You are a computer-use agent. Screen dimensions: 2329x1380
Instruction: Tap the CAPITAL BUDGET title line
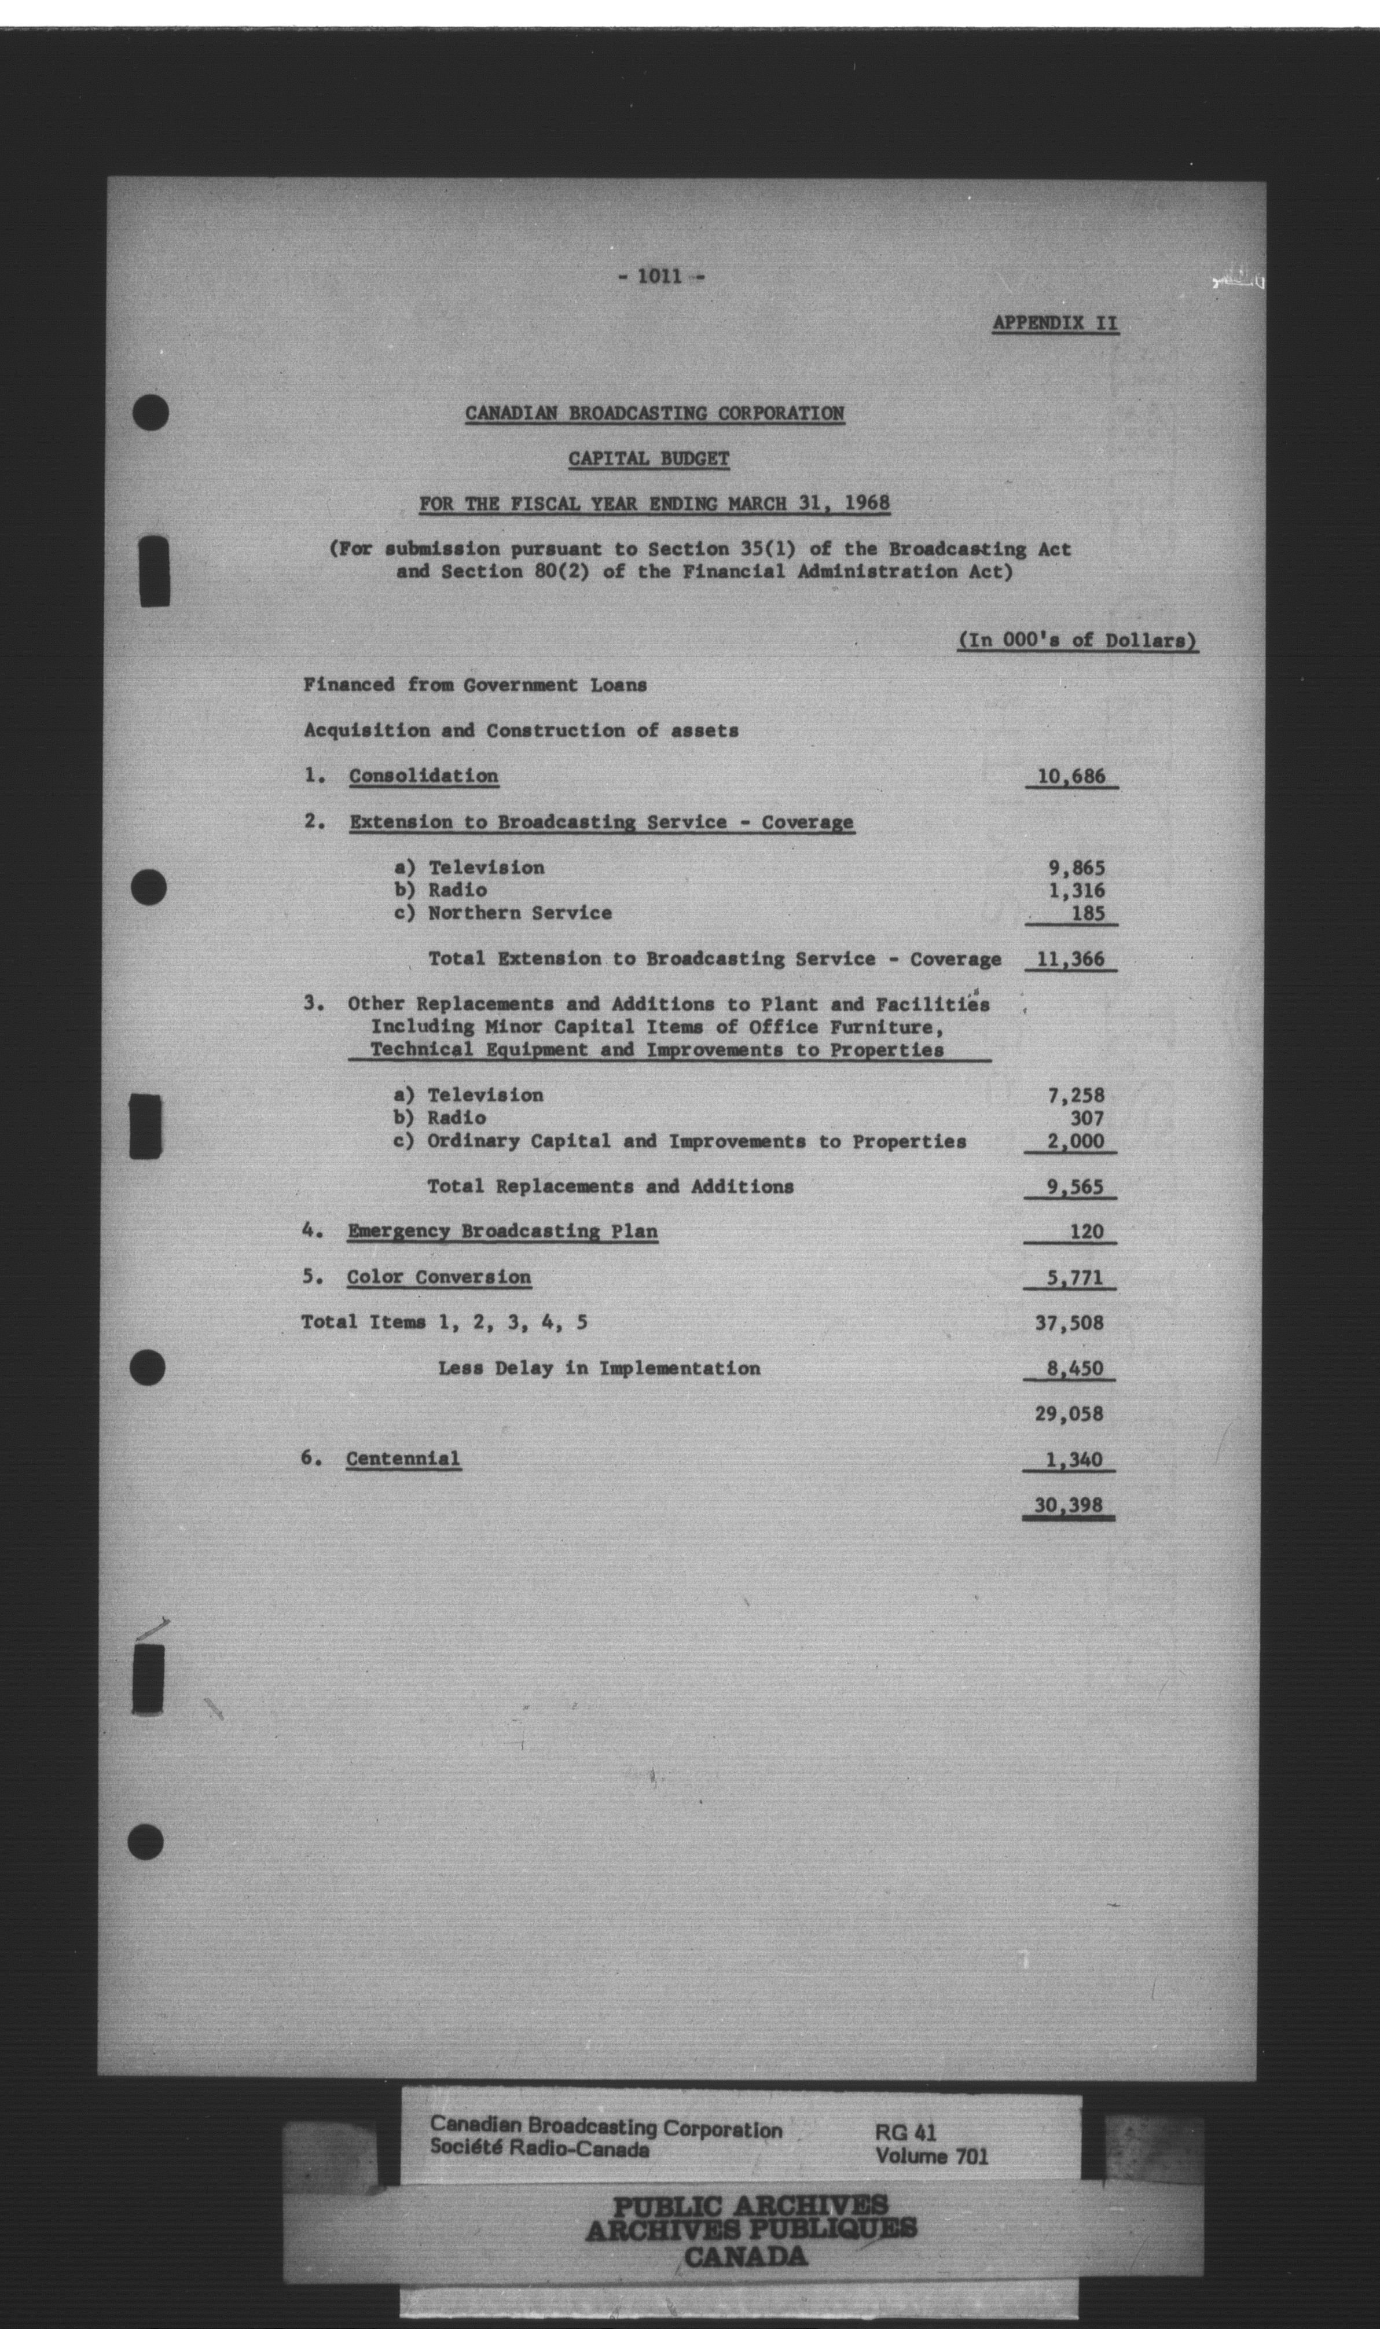pyautogui.click(x=648, y=458)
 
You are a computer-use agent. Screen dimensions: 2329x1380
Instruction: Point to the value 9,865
pyautogui.click(x=1076, y=868)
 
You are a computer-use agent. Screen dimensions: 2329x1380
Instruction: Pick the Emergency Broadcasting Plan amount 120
pyautogui.click(x=1085, y=1232)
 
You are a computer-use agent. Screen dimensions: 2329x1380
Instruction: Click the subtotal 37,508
pyautogui.click(x=1069, y=1322)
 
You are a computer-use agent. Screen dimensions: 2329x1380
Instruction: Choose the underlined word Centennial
pyautogui.click(x=403, y=1458)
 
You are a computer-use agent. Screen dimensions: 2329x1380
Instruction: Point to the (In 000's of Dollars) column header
pyautogui.click(x=1077, y=641)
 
